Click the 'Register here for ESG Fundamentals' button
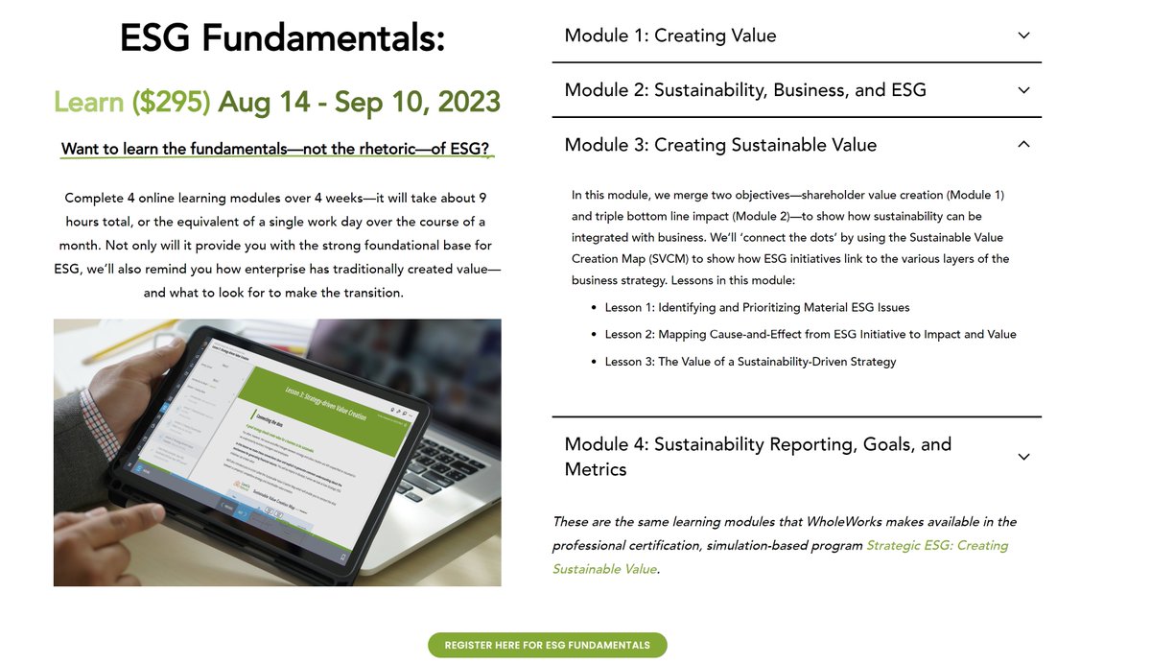[x=547, y=645]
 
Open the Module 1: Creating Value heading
[x=670, y=36]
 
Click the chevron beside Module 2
[x=1023, y=90]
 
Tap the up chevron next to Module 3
[x=1023, y=145]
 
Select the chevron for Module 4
[x=1023, y=457]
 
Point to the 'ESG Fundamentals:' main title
[x=282, y=38]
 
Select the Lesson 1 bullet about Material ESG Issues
[x=757, y=307]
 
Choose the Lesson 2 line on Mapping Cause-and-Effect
[x=810, y=334]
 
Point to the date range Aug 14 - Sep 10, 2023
[x=359, y=102]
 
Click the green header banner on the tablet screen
[x=326, y=389]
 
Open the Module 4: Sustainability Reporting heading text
[x=757, y=457]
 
